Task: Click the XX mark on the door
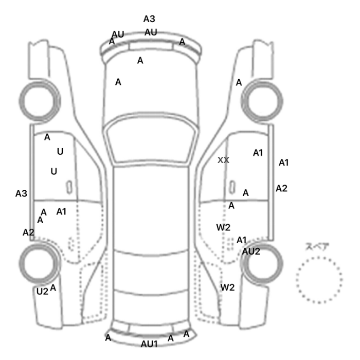point(223,160)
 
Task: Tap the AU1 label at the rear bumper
point(149,344)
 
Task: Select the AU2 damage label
point(251,251)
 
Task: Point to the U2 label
point(42,291)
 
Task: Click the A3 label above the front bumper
point(149,19)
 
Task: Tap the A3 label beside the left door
point(21,193)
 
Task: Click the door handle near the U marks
point(68,185)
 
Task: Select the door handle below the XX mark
point(233,185)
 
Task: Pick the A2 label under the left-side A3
point(28,232)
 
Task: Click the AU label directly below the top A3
point(151,32)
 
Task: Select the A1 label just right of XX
point(258,152)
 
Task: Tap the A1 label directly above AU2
point(242,240)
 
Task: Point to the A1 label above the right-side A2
point(283,163)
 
